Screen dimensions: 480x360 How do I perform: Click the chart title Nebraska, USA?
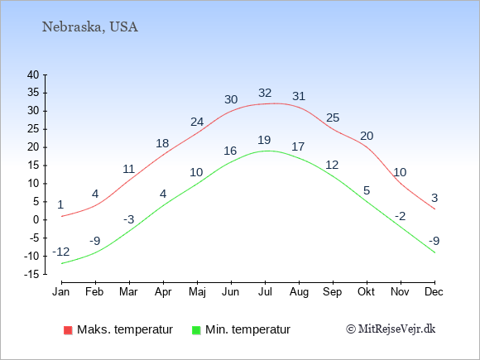[x=90, y=27]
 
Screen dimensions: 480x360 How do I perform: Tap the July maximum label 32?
[x=265, y=93]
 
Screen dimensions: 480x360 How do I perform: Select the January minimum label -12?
[x=61, y=252]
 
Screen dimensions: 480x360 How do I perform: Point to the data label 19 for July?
[x=264, y=140]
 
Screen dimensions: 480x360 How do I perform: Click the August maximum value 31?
[x=299, y=97]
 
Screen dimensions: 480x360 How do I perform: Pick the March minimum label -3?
[x=129, y=219]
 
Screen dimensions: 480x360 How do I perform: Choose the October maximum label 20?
[x=367, y=136]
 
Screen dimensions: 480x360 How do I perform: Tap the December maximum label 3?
[x=434, y=198]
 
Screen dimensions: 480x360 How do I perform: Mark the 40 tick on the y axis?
[x=33, y=74]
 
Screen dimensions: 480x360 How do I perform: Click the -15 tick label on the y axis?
[x=31, y=274]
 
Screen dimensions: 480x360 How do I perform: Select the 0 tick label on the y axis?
[x=36, y=220]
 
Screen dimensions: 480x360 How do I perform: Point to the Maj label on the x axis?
[x=197, y=292]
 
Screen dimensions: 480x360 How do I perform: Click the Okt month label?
[x=366, y=292]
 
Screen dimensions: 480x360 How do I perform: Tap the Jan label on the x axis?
[x=61, y=292]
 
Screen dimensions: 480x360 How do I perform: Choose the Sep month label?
[x=332, y=292]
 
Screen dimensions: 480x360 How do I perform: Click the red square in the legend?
[x=68, y=330]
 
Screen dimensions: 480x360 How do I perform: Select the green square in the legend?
[x=196, y=330]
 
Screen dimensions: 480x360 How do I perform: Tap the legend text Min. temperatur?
[x=247, y=329]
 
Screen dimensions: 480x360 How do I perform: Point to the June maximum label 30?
[x=231, y=99]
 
